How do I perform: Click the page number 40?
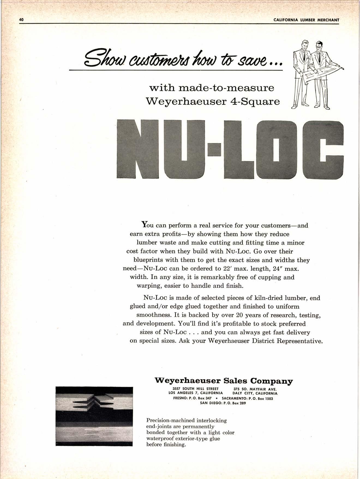22,20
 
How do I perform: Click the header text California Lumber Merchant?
306,20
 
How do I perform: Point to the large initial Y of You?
145,225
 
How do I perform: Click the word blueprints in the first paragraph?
149,260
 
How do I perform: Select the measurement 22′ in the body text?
227,268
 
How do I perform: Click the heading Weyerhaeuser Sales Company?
223,381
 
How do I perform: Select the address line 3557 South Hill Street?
196,389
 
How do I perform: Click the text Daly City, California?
255,393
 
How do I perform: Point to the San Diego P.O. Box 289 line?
223,403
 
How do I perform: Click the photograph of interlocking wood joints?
94,416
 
